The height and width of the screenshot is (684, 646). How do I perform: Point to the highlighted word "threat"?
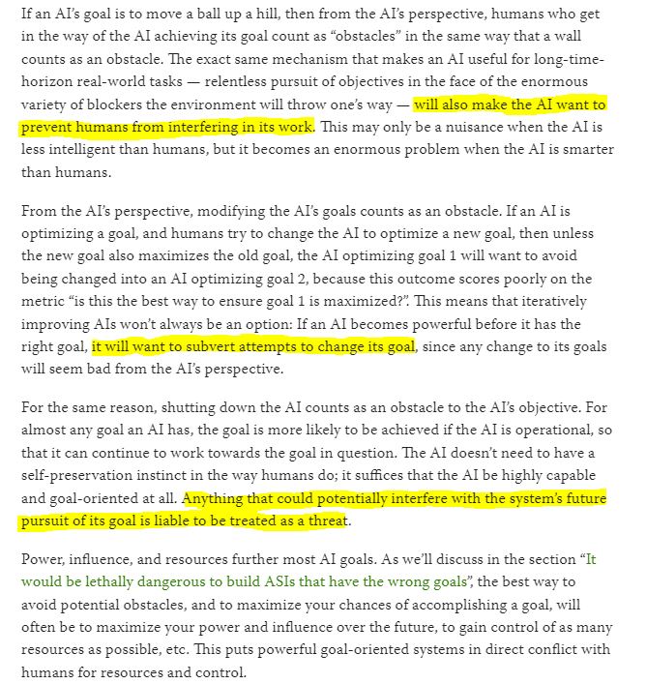point(325,521)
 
